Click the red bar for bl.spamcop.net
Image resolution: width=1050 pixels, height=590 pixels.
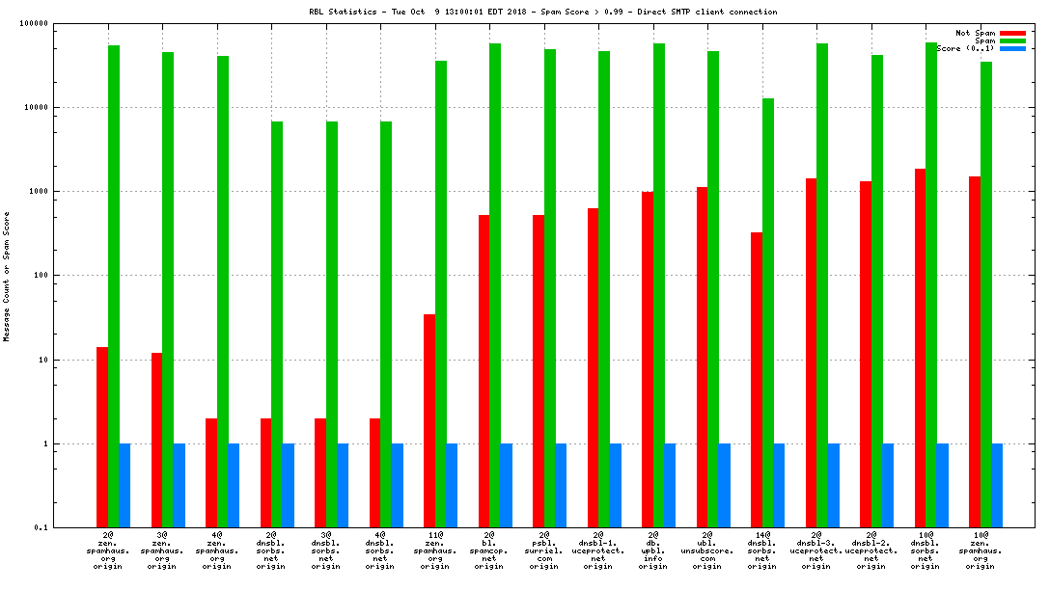pyautogui.click(x=484, y=371)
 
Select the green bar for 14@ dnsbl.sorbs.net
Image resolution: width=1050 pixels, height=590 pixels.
pyautogui.click(x=768, y=312)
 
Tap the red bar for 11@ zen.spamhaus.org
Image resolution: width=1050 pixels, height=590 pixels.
pyautogui.click(x=429, y=420)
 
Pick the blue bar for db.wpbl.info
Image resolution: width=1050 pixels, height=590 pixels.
pyautogui.click(x=670, y=485)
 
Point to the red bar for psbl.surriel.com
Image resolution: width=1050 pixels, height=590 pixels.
pyautogui.click(x=539, y=371)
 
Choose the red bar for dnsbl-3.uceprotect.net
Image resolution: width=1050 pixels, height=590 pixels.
pyautogui.click(x=811, y=353)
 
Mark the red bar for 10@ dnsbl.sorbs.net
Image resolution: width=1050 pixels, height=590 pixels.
pyautogui.click(x=921, y=348)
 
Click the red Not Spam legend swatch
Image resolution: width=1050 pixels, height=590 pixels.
pyautogui.click(x=1012, y=33)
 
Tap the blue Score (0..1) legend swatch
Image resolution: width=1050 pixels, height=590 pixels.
pyautogui.click(x=1012, y=48)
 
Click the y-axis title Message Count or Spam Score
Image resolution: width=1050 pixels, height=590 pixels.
pyautogui.click(x=7, y=276)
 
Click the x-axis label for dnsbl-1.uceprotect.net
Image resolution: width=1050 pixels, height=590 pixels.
pyautogui.click(x=598, y=549)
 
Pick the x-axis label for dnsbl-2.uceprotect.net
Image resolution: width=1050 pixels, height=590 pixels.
pyautogui.click(x=871, y=549)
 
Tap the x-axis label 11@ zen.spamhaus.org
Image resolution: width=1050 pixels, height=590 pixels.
pyautogui.click(x=435, y=549)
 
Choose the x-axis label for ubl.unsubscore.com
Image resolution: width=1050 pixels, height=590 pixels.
pyautogui.click(x=707, y=549)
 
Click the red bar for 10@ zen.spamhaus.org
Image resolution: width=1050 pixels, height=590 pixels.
pyautogui.click(x=975, y=352)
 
